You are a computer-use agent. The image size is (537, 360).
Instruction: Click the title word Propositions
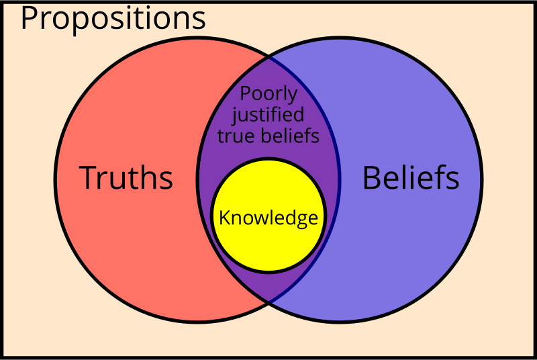click(x=113, y=18)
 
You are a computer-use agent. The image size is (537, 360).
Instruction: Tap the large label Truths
click(x=126, y=178)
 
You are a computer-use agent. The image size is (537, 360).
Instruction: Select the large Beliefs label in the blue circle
click(x=411, y=178)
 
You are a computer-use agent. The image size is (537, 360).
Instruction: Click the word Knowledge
click(x=268, y=218)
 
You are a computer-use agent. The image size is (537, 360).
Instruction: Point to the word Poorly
click(x=268, y=94)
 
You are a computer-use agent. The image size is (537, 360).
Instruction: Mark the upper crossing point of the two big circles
click(x=268, y=58)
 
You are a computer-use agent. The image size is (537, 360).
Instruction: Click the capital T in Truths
click(x=88, y=178)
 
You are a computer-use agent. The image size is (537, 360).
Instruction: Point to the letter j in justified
click(x=236, y=116)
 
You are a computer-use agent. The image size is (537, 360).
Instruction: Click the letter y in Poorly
click(x=293, y=97)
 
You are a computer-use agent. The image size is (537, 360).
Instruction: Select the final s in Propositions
click(x=199, y=20)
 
